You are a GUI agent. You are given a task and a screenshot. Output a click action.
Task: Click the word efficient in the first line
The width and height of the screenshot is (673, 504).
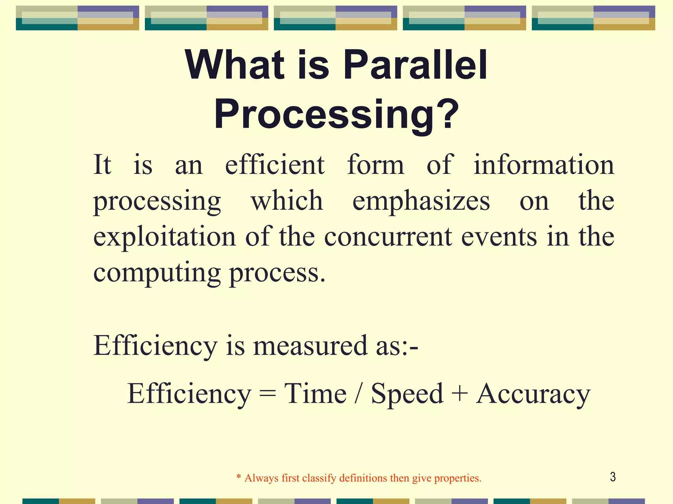pyautogui.click(x=275, y=165)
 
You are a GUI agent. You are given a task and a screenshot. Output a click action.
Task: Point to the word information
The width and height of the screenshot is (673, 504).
pyautogui.click(x=544, y=165)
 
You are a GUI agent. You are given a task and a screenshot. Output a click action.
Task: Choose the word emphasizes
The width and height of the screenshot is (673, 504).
pyautogui.click(x=421, y=201)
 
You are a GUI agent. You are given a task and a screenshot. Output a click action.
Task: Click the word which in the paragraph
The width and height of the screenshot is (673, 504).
pyautogui.click(x=287, y=201)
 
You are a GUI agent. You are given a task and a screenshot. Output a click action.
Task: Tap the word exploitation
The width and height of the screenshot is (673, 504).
pyautogui.click(x=165, y=237)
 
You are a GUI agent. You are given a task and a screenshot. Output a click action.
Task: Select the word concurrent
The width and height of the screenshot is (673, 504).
pyautogui.click(x=388, y=237)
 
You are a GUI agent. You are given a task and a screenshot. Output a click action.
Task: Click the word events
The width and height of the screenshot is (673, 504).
pyautogui.click(x=499, y=237)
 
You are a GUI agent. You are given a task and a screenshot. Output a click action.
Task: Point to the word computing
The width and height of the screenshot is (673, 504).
pyautogui.click(x=157, y=273)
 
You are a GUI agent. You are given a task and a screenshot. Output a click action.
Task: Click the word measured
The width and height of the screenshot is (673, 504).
pyautogui.click(x=310, y=346)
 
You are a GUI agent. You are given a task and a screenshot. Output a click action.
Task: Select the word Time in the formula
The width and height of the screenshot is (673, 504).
pyautogui.click(x=315, y=394)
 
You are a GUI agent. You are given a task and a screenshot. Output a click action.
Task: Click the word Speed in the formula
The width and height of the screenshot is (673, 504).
pyautogui.click(x=407, y=394)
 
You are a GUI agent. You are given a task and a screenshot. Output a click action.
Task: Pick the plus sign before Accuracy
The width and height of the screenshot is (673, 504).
pyautogui.click(x=460, y=394)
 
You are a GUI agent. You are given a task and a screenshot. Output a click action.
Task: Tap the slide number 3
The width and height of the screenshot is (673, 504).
pyautogui.click(x=613, y=477)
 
